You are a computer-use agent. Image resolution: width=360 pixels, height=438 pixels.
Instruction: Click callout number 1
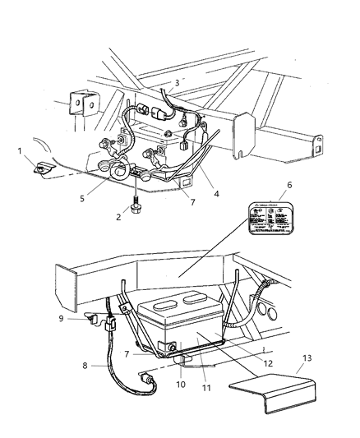tap(21, 150)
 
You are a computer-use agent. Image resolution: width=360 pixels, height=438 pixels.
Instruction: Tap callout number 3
tap(176, 82)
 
